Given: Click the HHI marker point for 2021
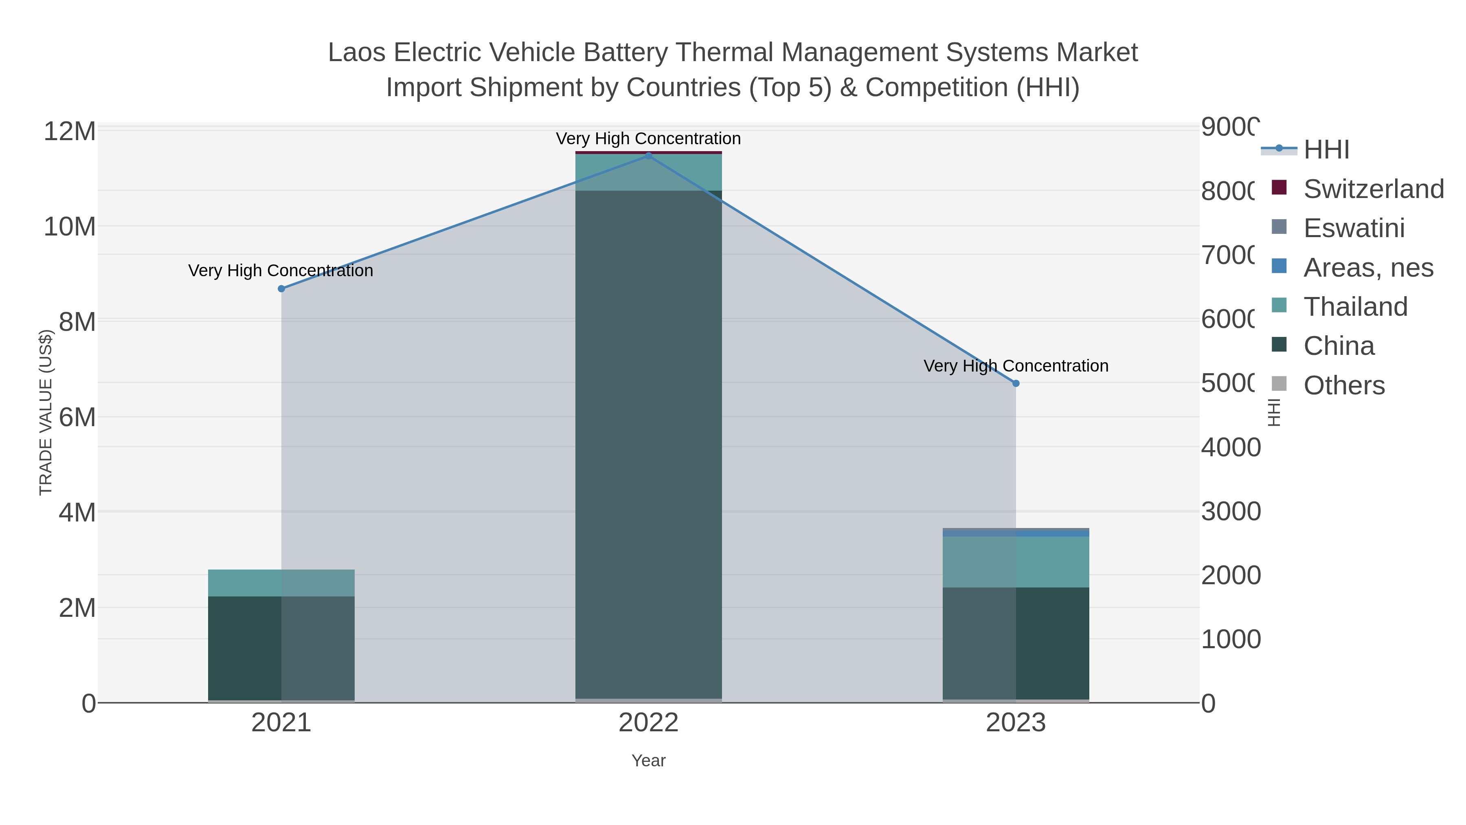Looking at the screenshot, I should [x=281, y=289].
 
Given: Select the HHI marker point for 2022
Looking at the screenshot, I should [x=648, y=156].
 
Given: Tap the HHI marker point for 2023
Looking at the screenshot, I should [x=1016, y=383].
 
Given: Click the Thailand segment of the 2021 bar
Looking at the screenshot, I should [x=281, y=583].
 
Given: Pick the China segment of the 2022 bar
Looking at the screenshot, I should [x=648, y=444].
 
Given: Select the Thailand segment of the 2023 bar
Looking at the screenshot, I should [x=1016, y=562].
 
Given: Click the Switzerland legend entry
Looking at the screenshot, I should [x=1373, y=189].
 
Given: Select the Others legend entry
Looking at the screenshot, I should [x=1344, y=385].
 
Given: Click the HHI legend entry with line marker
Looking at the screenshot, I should [x=1326, y=150].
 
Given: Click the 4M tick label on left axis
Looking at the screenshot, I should [x=77, y=513].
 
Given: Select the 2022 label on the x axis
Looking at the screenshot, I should [x=648, y=723].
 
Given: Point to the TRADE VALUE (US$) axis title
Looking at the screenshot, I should [x=46, y=412].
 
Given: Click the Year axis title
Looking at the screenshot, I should [x=648, y=761].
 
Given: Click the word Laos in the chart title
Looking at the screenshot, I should [x=356, y=53].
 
